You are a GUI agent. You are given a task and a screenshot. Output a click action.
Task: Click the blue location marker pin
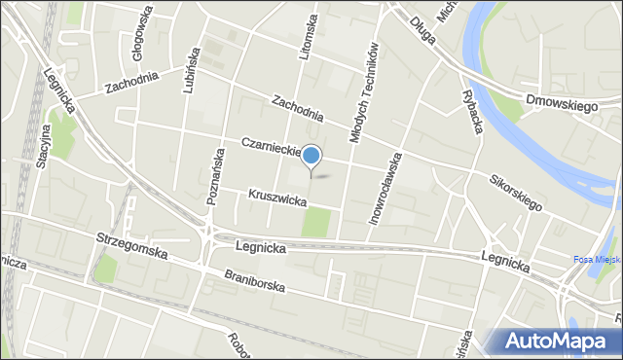(x=311, y=156)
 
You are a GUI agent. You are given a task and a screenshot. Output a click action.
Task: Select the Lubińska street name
(x=190, y=70)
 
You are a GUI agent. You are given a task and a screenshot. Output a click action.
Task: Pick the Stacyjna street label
(x=43, y=146)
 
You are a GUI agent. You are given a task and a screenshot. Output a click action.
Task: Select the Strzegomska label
(x=132, y=243)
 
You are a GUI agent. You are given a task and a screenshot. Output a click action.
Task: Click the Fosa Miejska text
(x=593, y=259)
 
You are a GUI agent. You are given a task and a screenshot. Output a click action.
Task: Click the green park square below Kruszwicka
(x=315, y=223)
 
